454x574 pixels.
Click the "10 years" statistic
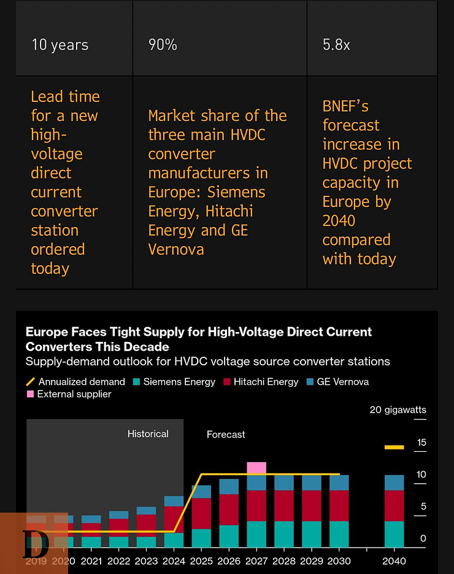[60, 45]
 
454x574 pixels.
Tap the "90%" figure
[163, 45]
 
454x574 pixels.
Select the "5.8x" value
[336, 45]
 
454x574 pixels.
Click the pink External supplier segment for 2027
[256, 468]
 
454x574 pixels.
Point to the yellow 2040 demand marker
[394, 448]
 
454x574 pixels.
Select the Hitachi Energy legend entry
[260, 382]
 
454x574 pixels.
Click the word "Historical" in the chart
[148, 433]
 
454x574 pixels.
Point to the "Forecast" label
[226, 434]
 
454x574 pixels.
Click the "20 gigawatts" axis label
[398, 409]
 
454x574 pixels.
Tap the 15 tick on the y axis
[421, 442]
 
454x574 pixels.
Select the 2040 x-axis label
[394, 560]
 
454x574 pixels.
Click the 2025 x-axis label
[201, 560]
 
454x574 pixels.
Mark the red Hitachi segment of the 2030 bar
[339, 506]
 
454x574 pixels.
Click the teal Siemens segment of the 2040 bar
[394, 534]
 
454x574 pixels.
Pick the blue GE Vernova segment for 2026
[229, 487]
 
